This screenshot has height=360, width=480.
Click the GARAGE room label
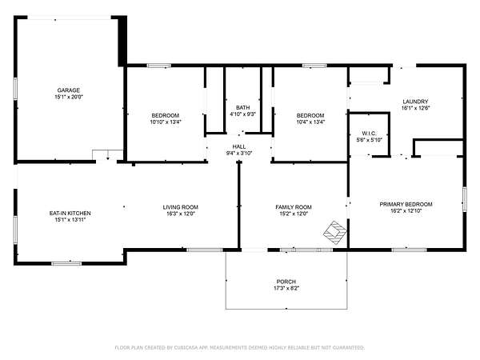69,90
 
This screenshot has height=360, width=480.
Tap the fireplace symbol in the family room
335,233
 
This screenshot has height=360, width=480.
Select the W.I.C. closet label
369,134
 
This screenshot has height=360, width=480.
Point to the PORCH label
286,282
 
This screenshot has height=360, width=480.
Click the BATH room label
242,108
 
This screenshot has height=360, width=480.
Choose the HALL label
238,146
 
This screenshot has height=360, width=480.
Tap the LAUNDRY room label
415,102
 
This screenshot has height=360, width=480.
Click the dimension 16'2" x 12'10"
406,211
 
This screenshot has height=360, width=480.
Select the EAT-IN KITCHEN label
70,213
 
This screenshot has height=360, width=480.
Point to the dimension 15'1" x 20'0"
69,97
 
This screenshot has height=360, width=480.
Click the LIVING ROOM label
180,207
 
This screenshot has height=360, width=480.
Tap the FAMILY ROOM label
294,207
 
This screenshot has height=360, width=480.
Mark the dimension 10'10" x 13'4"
166,122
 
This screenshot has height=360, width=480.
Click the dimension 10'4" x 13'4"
310,122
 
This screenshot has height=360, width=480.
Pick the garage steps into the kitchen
108,154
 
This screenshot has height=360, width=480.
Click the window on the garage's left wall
15,89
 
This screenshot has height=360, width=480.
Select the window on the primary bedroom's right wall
465,199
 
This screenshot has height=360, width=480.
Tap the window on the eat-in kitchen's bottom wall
66,263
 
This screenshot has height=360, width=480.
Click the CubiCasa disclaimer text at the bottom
240,347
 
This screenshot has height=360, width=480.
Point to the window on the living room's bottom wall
205,250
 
